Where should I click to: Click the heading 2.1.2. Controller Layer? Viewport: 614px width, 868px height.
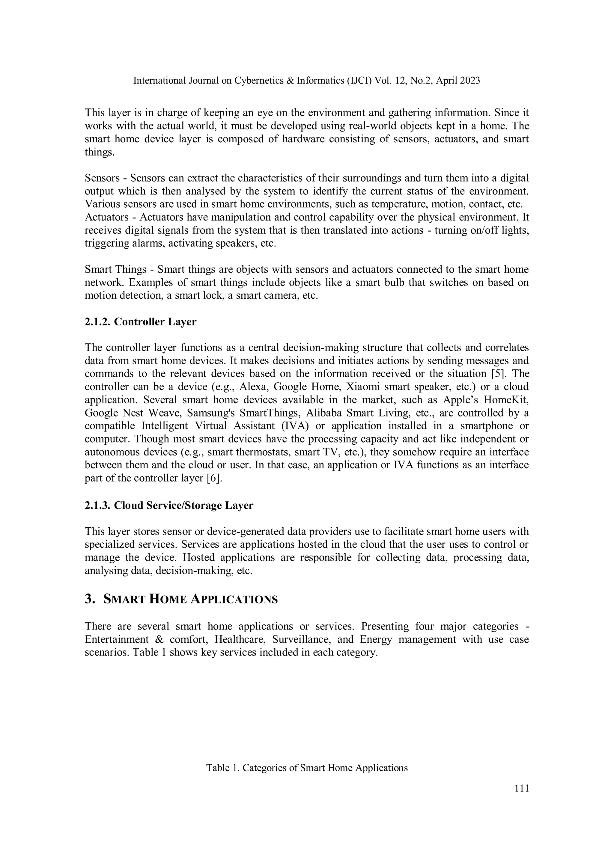[x=140, y=322]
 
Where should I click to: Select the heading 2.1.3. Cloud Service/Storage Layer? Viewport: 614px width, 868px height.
[x=169, y=505]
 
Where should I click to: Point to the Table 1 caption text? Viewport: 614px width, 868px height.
[x=307, y=768]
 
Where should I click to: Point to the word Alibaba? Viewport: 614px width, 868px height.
[x=323, y=413]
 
